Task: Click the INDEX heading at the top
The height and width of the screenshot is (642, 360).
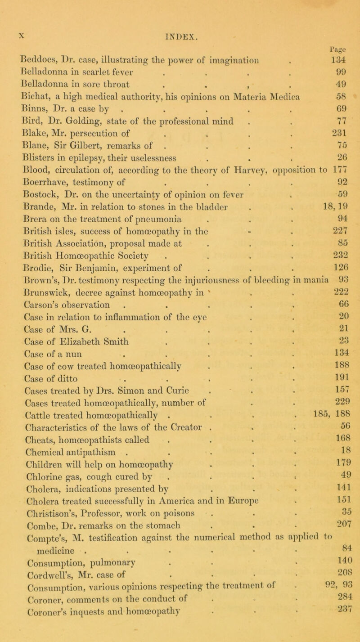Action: (x=180, y=8)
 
